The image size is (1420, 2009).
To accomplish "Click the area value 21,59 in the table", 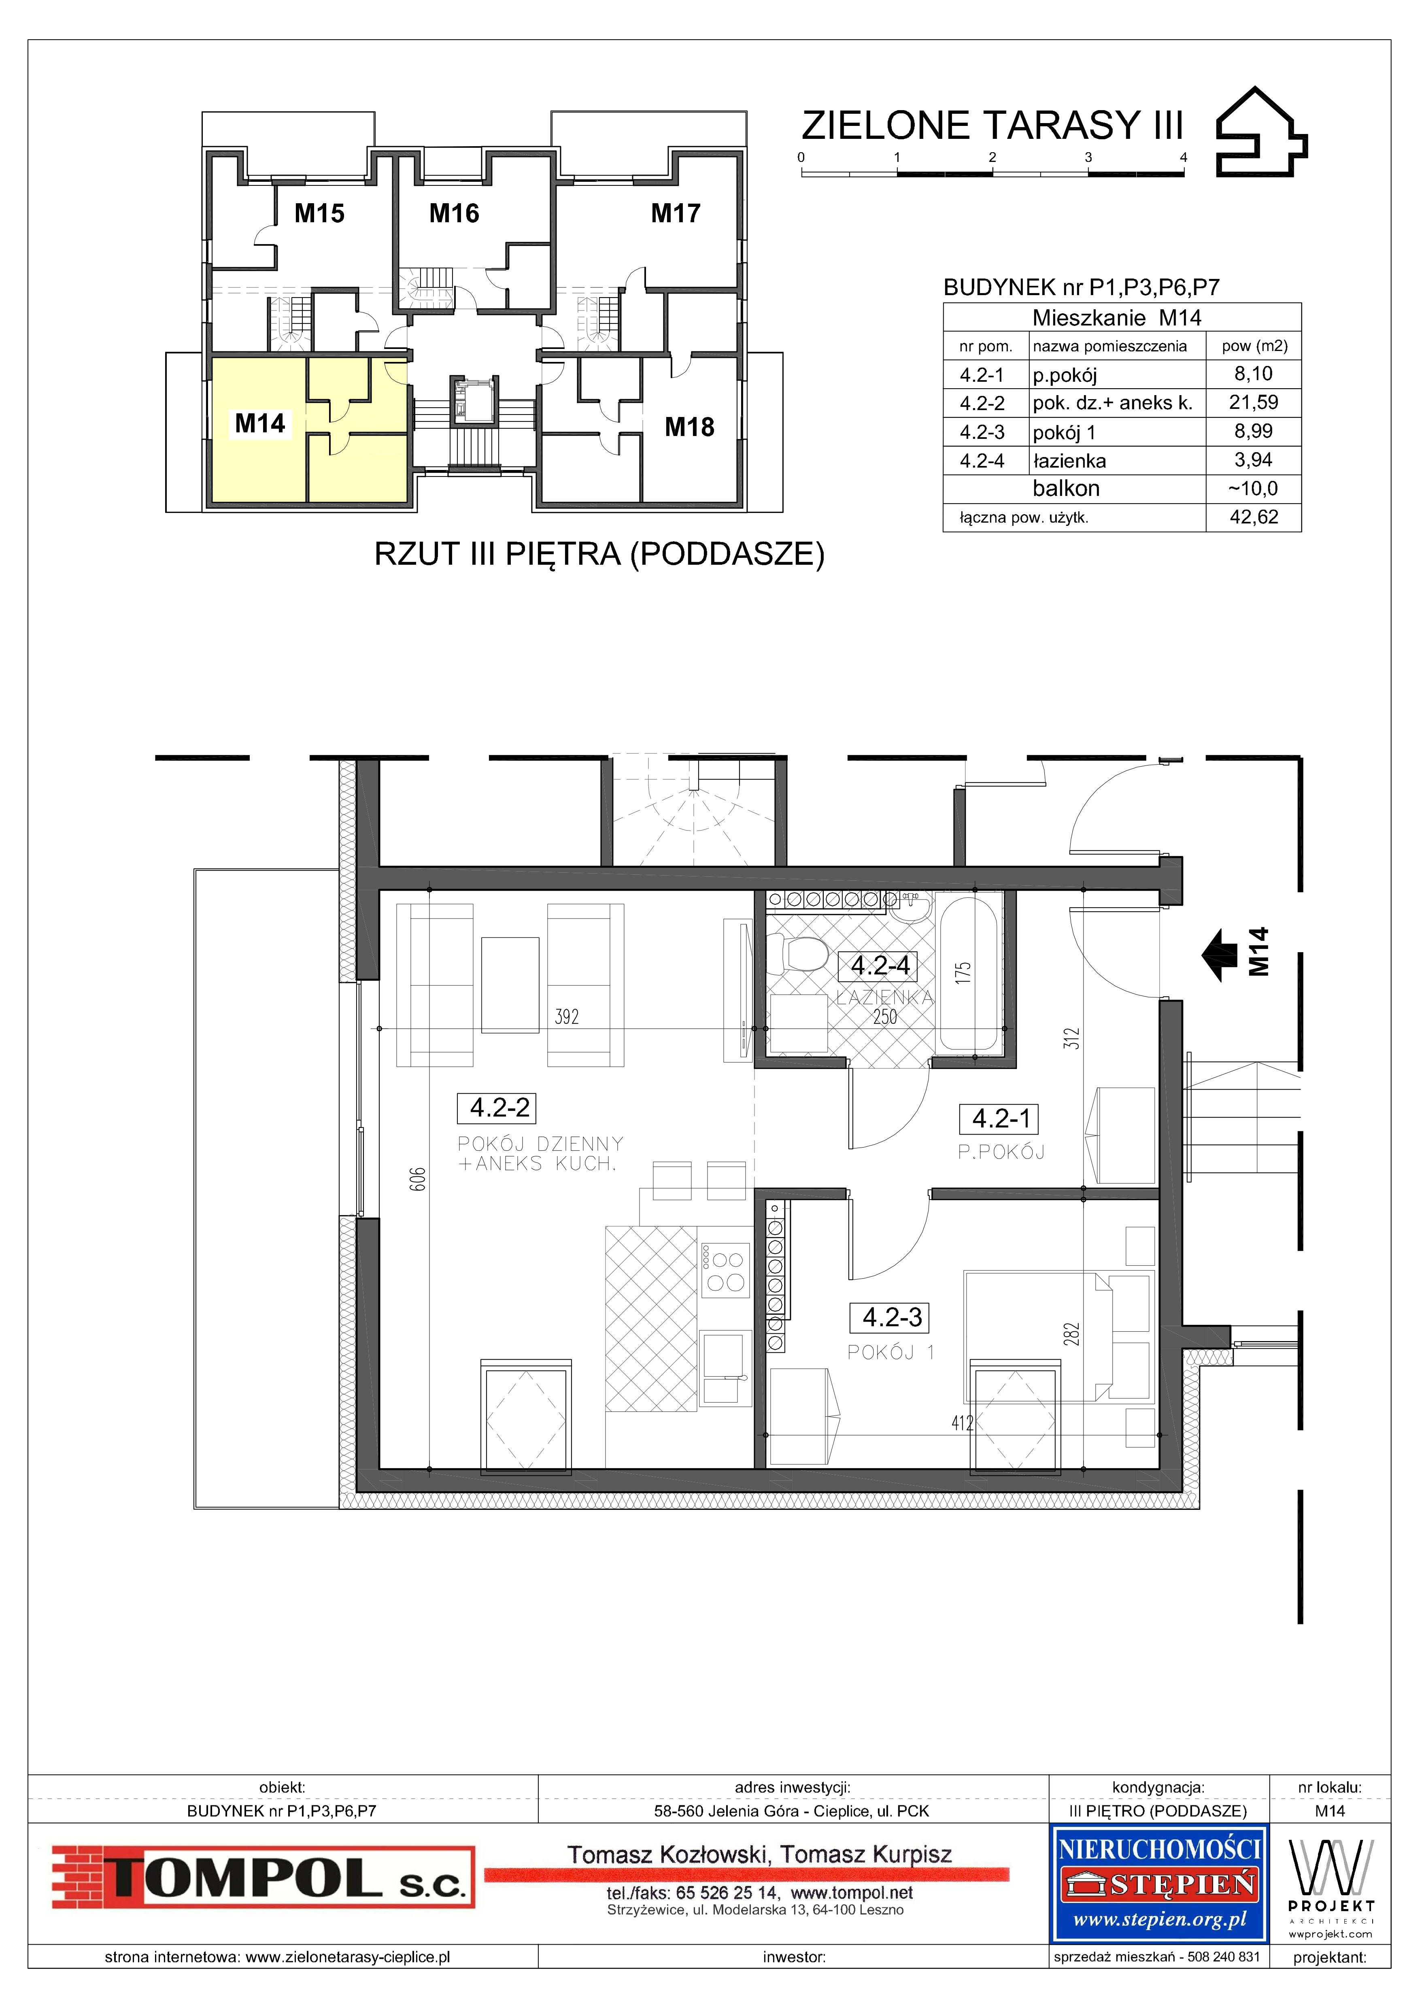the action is pos(1254,402).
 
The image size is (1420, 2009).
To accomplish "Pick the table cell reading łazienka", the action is pos(1069,461).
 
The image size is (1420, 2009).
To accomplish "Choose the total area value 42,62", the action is pos(1254,517).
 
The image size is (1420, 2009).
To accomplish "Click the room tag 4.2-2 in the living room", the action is pos(500,1108).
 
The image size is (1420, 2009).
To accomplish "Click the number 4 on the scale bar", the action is pos(1184,157).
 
